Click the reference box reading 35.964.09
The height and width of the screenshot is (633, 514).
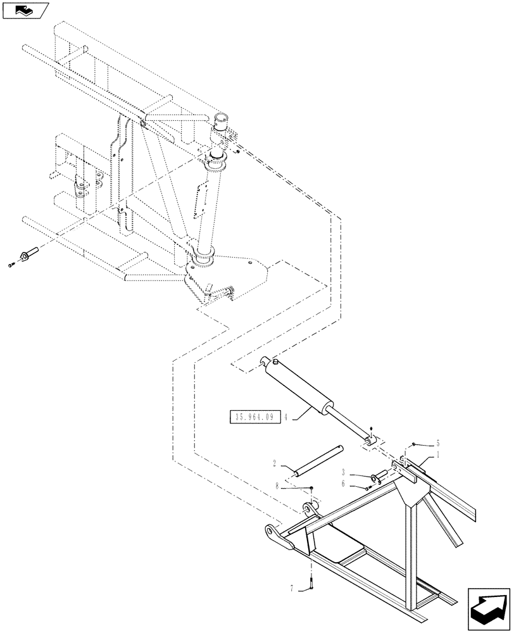click(x=254, y=417)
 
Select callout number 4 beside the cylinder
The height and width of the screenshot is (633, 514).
click(x=287, y=417)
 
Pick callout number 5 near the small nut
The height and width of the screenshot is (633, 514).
click(x=437, y=444)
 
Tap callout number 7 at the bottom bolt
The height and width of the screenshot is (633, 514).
click(x=292, y=589)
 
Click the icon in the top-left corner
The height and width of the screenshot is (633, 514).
click(x=25, y=10)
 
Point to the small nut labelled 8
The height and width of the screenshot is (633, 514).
click(x=312, y=487)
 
